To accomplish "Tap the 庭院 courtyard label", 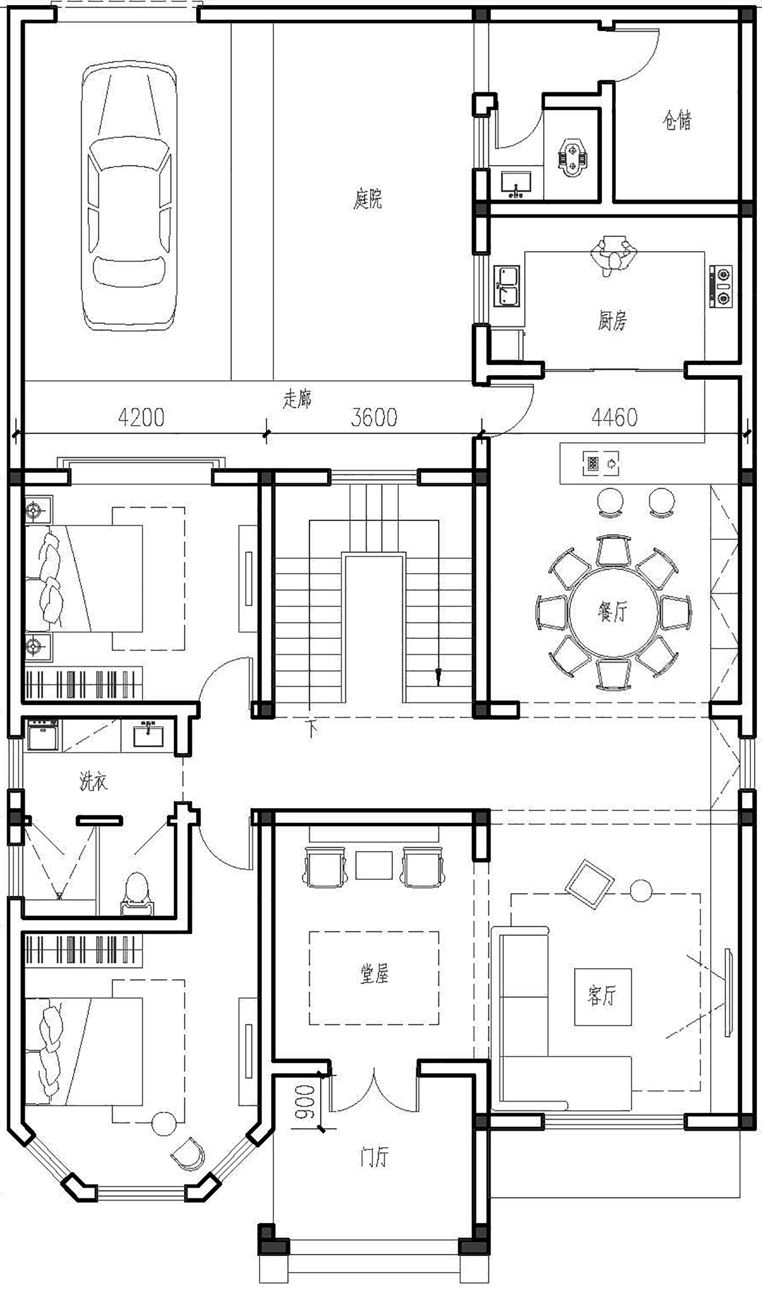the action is point(368,200).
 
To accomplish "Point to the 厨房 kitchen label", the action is point(612,321).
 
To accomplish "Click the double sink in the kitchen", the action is point(507,286).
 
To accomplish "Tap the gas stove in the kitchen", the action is point(721,286).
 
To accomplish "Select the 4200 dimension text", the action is point(141,417).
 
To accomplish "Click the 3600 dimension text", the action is point(374,417).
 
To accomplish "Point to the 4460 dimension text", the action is point(614,417).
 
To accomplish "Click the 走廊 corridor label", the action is point(297,399).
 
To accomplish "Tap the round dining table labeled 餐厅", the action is point(613,612).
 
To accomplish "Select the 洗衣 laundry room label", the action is point(93,781).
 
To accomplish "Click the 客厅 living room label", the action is point(602,996).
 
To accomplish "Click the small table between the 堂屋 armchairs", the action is point(374,865).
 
